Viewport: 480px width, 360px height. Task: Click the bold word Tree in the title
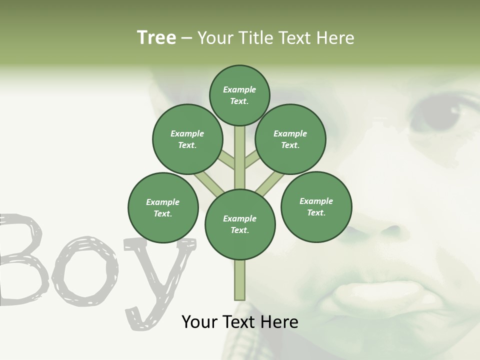click(156, 38)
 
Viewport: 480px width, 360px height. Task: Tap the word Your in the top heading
click(213, 38)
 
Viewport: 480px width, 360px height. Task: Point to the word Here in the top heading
click(335, 38)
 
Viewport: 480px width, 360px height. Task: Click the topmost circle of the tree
click(239, 95)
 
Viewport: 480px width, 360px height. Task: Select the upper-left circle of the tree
click(187, 139)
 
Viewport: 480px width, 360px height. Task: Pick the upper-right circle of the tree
click(290, 139)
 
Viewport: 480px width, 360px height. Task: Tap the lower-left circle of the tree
click(163, 207)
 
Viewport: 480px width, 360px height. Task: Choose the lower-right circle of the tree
click(316, 206)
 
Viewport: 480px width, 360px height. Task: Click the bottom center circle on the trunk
click(240, 224)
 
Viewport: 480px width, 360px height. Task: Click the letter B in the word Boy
click(22, 260)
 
